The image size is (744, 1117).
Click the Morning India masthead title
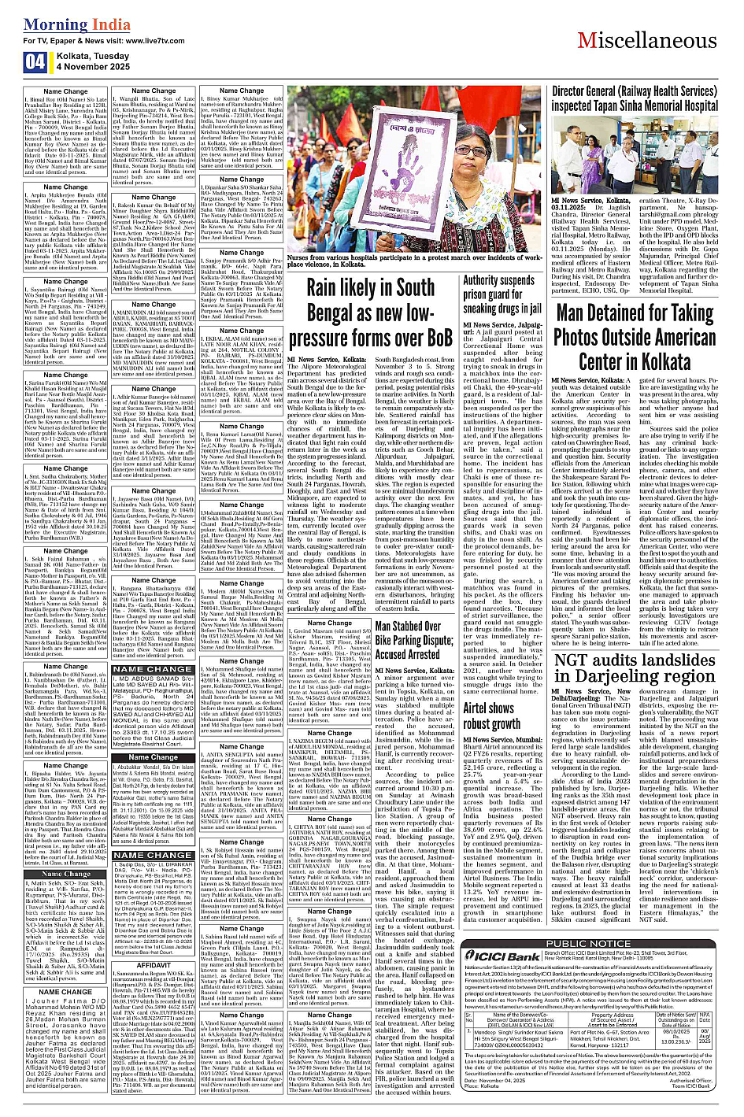coord(77,24)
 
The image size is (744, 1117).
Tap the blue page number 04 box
coord(35,62)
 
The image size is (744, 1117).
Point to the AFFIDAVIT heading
coord(154,965)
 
